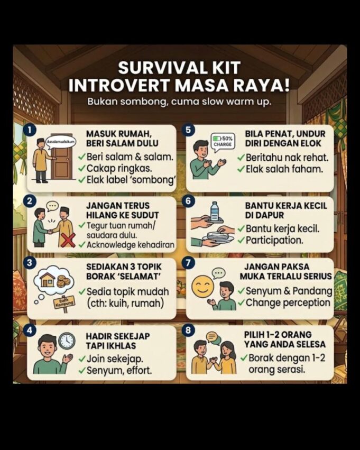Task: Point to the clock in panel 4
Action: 67,340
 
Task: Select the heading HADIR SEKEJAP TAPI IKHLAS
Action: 111,340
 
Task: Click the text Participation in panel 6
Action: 274,240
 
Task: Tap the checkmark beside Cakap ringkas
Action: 81,168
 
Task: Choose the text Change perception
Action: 288,303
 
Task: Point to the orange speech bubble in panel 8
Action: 212,337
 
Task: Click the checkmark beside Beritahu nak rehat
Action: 241,158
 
